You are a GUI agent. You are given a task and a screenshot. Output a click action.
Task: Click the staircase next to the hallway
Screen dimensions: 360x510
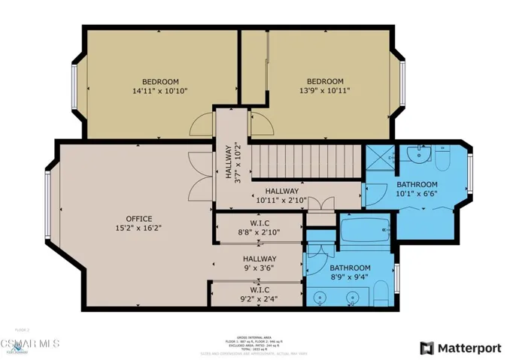coord(304,159)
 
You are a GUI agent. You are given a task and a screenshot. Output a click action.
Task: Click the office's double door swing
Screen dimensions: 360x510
coord(198,177)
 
